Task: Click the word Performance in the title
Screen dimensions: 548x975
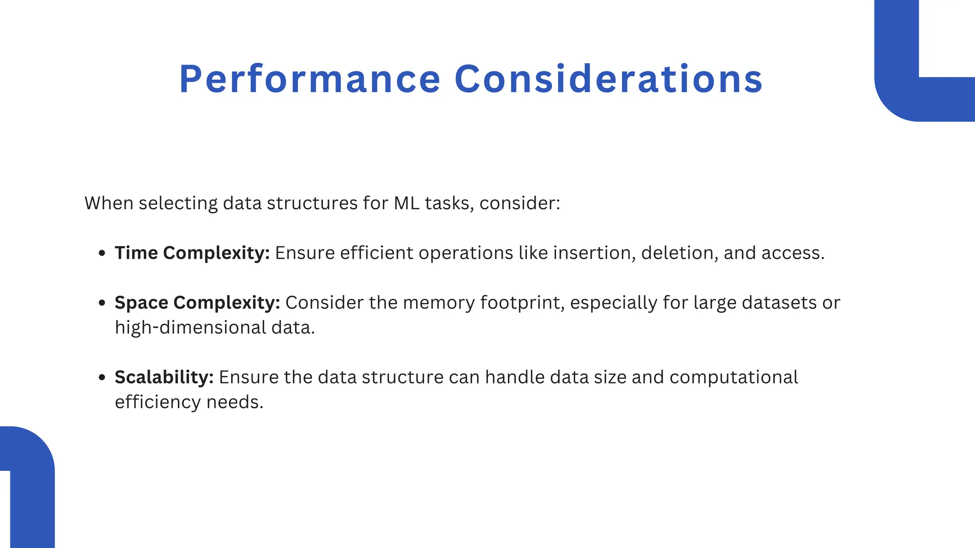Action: click(309, 79)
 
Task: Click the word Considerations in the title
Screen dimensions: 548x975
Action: click(608, 79)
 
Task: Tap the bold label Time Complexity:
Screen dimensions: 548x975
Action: click(192, 253)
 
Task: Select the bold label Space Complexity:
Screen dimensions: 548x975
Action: click(197, 303)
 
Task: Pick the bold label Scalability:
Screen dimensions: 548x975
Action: click(164, 377)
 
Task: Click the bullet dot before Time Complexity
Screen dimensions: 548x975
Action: click(101, 254)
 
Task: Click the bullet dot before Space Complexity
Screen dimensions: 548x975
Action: click(101, 303)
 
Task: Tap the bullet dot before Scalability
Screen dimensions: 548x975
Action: click(101, 378)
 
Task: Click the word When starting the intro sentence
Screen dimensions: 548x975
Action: click(109, 203)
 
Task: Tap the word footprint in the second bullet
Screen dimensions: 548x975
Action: click(522, 303)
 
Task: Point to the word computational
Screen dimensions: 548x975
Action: click(733, 377)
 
